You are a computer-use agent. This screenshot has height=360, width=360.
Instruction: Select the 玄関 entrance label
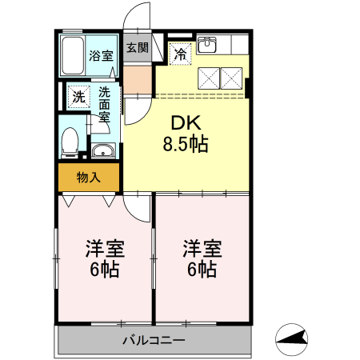click(138, 47)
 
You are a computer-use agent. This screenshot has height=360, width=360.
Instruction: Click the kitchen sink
click(206, 45)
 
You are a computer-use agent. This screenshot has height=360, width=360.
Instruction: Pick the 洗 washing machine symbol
click(78, 96)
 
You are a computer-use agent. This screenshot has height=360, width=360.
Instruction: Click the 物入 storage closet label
click(88, 178)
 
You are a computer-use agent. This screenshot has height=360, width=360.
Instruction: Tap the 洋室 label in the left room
click(104, 248)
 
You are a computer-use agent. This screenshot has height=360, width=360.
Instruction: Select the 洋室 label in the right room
click(201, 248)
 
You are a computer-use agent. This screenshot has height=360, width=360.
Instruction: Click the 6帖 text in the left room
click(104, 269)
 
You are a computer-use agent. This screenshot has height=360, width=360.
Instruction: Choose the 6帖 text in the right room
click(201, 269)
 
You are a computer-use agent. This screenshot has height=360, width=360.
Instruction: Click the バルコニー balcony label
click(154, 340)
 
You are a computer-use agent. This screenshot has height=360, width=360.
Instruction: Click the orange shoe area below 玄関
click(138, 78)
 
